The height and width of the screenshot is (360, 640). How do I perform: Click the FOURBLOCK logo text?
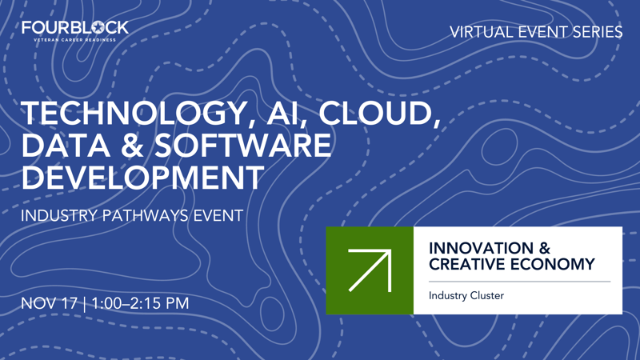coord(74,28)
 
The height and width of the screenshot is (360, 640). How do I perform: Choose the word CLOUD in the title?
coord(380,114)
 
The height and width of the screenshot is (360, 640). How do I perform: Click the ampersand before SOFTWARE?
coord(127,146)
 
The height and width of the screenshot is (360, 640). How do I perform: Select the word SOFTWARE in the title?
coord(239,146)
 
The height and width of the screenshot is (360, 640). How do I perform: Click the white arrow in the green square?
coord(370,270)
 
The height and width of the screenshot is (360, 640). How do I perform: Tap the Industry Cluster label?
coord(466,296)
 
